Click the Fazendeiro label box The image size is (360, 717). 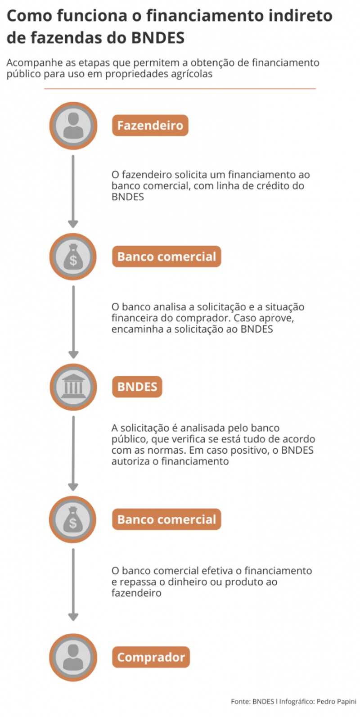pyautogui.click(x=150, y=125)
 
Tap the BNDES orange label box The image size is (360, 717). pyautogui.click(x=137, y=386)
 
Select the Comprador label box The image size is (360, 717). pyautogui.click(x=151, y=657)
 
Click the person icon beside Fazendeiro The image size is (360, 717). pyautogui.click(x=73, y=126)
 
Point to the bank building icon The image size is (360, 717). pyautogui.click(x=73, y=386)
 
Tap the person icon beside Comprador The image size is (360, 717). pyautogui.click(x=73, y=657)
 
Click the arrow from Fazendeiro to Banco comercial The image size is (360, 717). pyautogui.click(x=73, y=191)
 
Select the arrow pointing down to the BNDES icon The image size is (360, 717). pyautogui.click(x=73, y=322)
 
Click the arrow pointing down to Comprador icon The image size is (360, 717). pyautogui.click(x=73, y=585)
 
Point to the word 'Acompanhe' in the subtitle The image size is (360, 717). pyautogui.click(x=35, y=63)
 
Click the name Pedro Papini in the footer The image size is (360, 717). pyautogui.click(x=336, y=702)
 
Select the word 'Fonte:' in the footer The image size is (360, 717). pyautogui.click(x=241, y=701)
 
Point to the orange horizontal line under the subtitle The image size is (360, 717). pyautogui.click(x=180, y=88)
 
